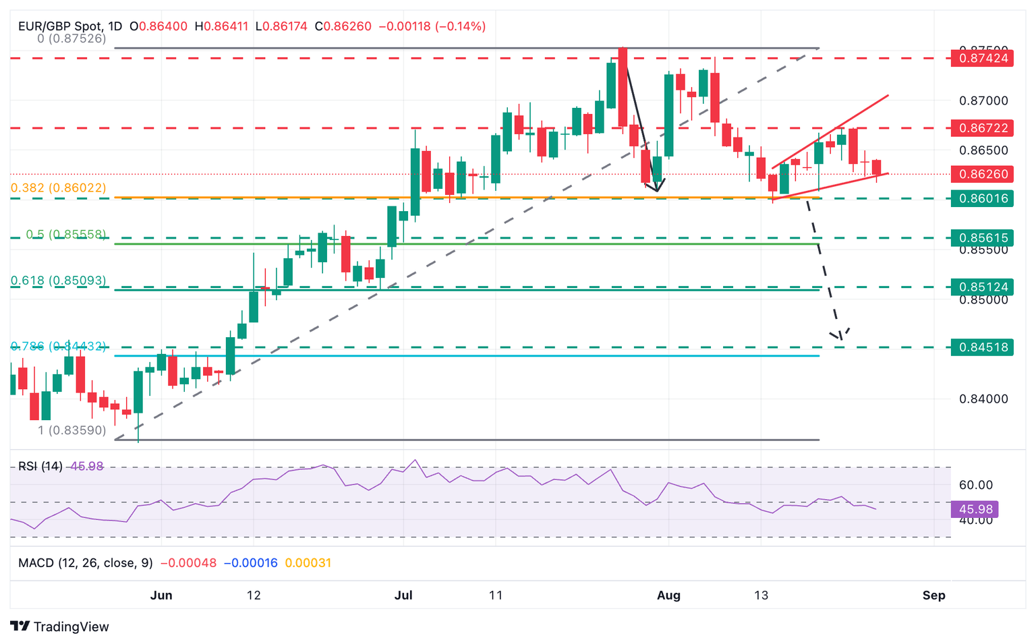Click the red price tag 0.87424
coord(981,58)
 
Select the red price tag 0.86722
coord(981,127)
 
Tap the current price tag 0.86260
coord(981,174)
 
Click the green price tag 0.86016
coord(981,198)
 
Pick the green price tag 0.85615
coord(981,237)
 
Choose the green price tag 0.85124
coord(981,287)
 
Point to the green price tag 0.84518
coord(981,347)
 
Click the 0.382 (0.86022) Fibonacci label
coord(59,188)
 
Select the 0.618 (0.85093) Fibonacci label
coord(59,281)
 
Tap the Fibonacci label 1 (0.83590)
coord(72,430)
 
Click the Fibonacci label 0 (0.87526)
coord(71,39)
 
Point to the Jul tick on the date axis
coord(403,595)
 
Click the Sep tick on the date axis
coord(933,595)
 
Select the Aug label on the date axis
coord(668,595)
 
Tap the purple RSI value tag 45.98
coord(975,509)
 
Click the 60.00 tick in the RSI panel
coord(975,485)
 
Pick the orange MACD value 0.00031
coord(308,563)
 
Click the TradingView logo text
coord(71,626)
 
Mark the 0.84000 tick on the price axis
coord(983,399)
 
